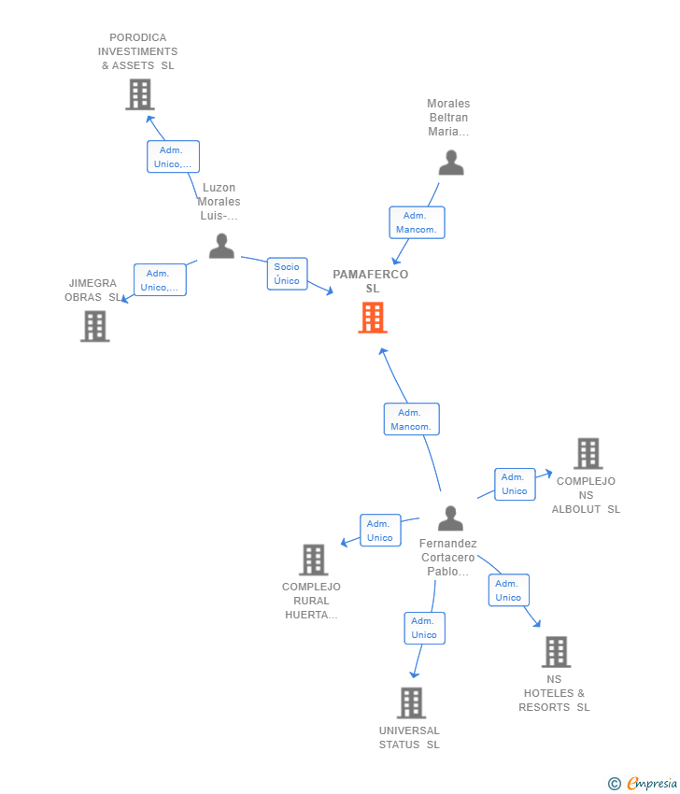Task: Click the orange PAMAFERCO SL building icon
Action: tap(373, 318)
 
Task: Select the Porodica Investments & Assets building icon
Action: tap(139, 94)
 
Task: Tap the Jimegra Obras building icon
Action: tap(94, 326)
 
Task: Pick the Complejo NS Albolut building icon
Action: tap(588, 453)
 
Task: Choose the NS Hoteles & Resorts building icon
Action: tap(556, 652)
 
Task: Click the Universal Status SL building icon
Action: tap(411, 702)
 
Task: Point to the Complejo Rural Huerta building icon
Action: tap(313, 560)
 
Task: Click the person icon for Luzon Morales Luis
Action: tap(221, 246)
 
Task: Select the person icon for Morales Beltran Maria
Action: tap(451, 163)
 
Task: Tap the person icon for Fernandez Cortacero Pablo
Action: tap(450, 518)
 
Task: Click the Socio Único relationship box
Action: tap(287, 274)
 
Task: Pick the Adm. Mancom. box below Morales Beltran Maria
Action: tap(417, 222)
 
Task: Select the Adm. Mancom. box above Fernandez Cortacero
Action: tap(411, 419)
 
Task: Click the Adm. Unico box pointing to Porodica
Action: tap(173, 157)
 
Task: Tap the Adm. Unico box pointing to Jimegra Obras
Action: tap(160, 280)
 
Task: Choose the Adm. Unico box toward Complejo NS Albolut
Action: tap(514, 484)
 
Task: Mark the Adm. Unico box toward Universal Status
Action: tap(424, 628)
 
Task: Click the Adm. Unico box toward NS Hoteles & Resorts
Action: tap(508, 590)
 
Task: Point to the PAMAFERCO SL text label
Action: tap(371, 281)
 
